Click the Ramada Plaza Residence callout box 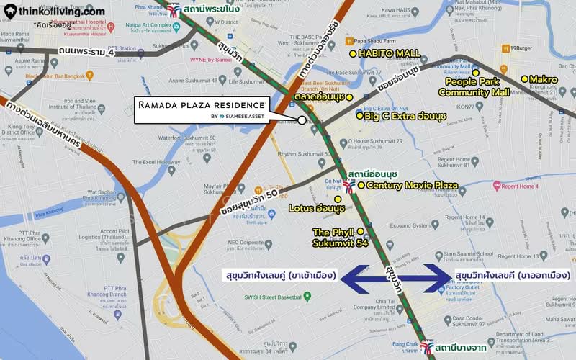coord(202,109)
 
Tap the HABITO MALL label coord(388,53)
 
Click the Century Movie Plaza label coord(412,185)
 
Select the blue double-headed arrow coord(397,278)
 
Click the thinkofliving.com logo coord(53,11)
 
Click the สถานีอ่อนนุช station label coord(372,174)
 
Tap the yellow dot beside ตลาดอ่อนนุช coord(349,97)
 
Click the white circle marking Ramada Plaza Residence coord(302,120)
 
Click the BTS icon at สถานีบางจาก coord(428,347)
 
